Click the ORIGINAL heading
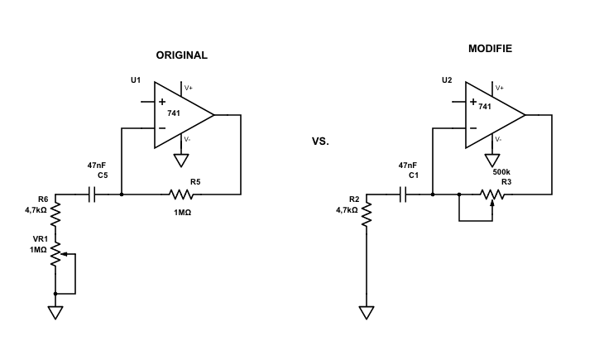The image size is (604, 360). tap(181, 55)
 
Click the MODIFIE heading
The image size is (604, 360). tap(490, 49)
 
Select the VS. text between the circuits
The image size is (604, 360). tap(320, 142)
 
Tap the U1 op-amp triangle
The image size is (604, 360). tap(180, 116)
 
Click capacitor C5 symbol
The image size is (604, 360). tap(93, 194)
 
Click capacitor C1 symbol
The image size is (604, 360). tap(404, 194)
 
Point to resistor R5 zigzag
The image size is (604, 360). tap(181, 194)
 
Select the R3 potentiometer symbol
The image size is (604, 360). tap(492, 195)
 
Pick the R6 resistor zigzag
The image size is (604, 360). tap(55, 216)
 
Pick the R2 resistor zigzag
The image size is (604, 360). tap(367, 216)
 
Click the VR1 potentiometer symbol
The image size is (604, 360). tap(56, 254)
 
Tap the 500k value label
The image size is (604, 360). tap(501, 171)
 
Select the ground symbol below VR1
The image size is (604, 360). tap(55, 312)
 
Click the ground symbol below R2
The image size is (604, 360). tap(367, 312)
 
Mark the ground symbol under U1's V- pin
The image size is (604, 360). tap(181, 160)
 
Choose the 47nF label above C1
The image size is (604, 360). tap(407, 166)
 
